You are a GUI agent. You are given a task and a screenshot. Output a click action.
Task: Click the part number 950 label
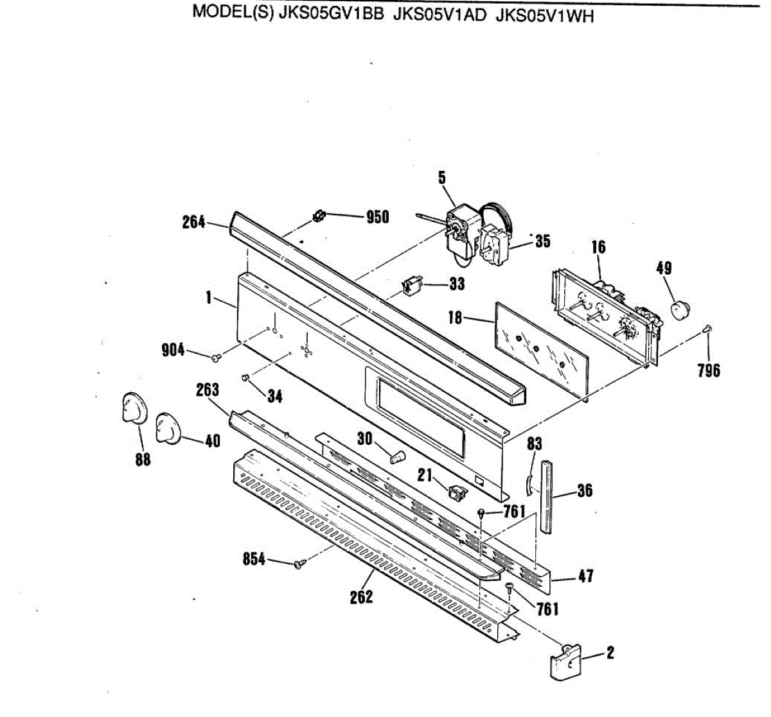377,217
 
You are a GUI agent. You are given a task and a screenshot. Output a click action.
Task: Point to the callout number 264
193,223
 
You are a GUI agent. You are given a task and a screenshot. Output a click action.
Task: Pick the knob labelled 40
169,426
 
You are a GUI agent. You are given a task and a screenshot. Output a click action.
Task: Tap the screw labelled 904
217,355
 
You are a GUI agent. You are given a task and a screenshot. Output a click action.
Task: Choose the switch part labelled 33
411,284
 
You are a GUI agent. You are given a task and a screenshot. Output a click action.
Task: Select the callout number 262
361,597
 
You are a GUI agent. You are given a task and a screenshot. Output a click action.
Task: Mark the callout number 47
585,576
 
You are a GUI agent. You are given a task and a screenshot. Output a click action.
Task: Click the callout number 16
598,247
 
